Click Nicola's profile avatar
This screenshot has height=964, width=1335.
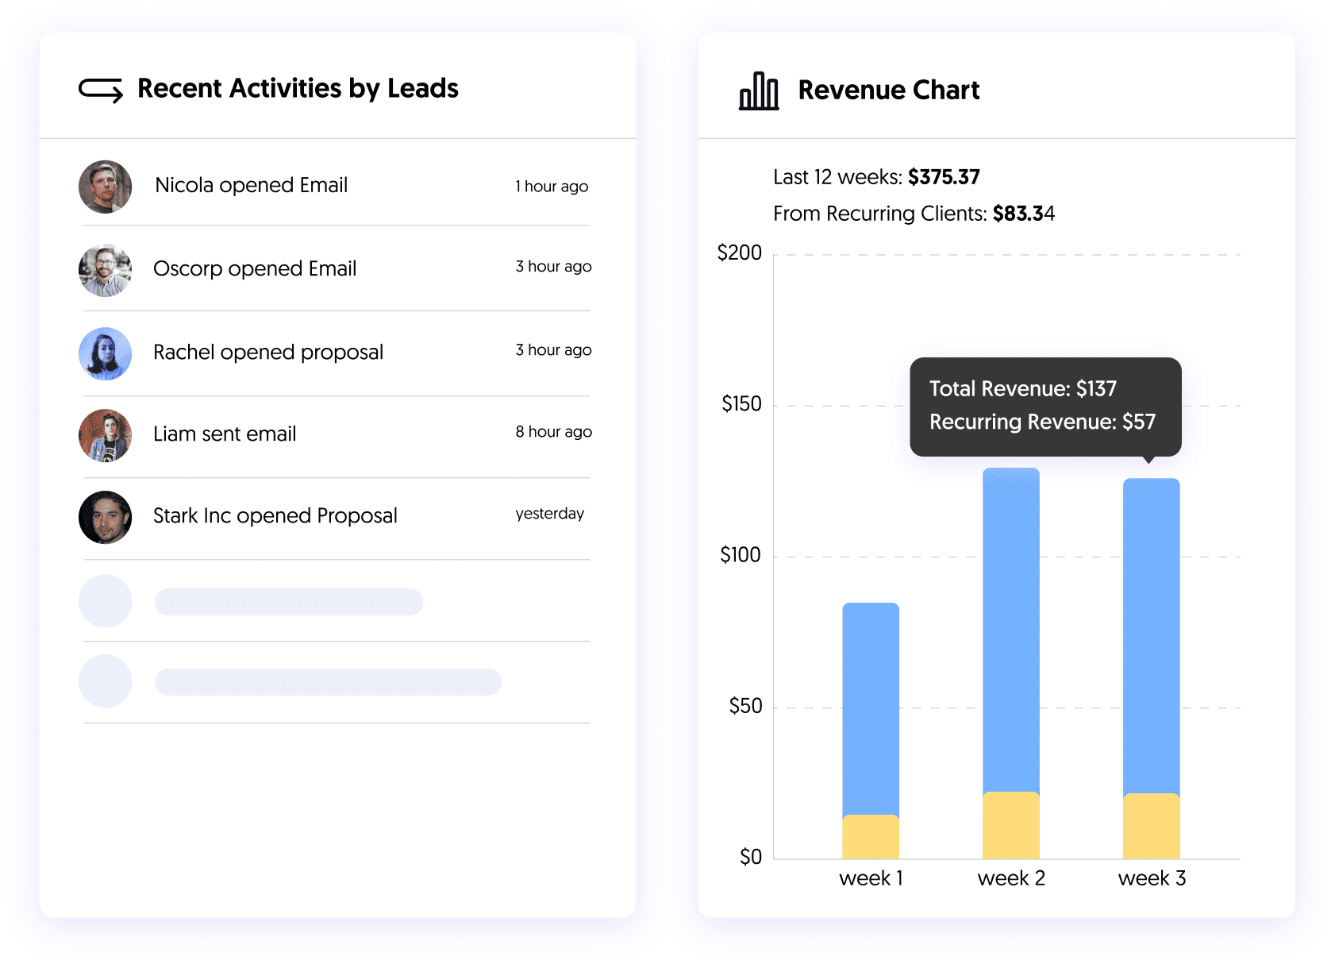(x=105, y=187)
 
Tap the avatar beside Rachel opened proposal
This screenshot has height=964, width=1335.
(x=105, y=353)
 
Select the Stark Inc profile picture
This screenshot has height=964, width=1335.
(x=105, y=517)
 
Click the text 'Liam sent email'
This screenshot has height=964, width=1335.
(x=225, y=434)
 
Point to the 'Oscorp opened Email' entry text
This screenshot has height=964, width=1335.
(x=255, y=269)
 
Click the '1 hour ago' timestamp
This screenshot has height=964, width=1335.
(x=552, y=187)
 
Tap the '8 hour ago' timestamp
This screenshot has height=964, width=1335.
(x=553, y=432)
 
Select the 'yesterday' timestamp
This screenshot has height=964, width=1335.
(x=549, y=514)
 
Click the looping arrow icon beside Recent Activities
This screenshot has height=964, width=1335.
(x=101, y=90)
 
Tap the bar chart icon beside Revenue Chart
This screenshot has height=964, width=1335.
(x=759, y=91)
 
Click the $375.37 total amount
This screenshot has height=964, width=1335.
(x=944, y=177)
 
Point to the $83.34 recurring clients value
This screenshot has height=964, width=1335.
(x=1023, y=214)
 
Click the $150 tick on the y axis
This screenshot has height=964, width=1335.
(x=741, y=404)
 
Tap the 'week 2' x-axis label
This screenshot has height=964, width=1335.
(x=1011, y=878)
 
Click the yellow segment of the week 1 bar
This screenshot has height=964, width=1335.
(x=871, y=837)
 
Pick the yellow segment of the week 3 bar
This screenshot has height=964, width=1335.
(x=1151, y=826)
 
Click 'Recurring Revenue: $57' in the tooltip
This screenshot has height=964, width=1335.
(x=1042, y=422)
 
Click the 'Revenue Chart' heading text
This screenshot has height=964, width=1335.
(x=888, y=91)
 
